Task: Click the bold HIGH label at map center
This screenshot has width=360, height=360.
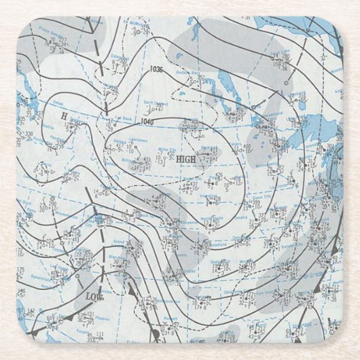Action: [185, 161]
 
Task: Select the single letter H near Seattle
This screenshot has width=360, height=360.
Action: [65, 116]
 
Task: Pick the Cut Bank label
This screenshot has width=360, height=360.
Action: [122, 117]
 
